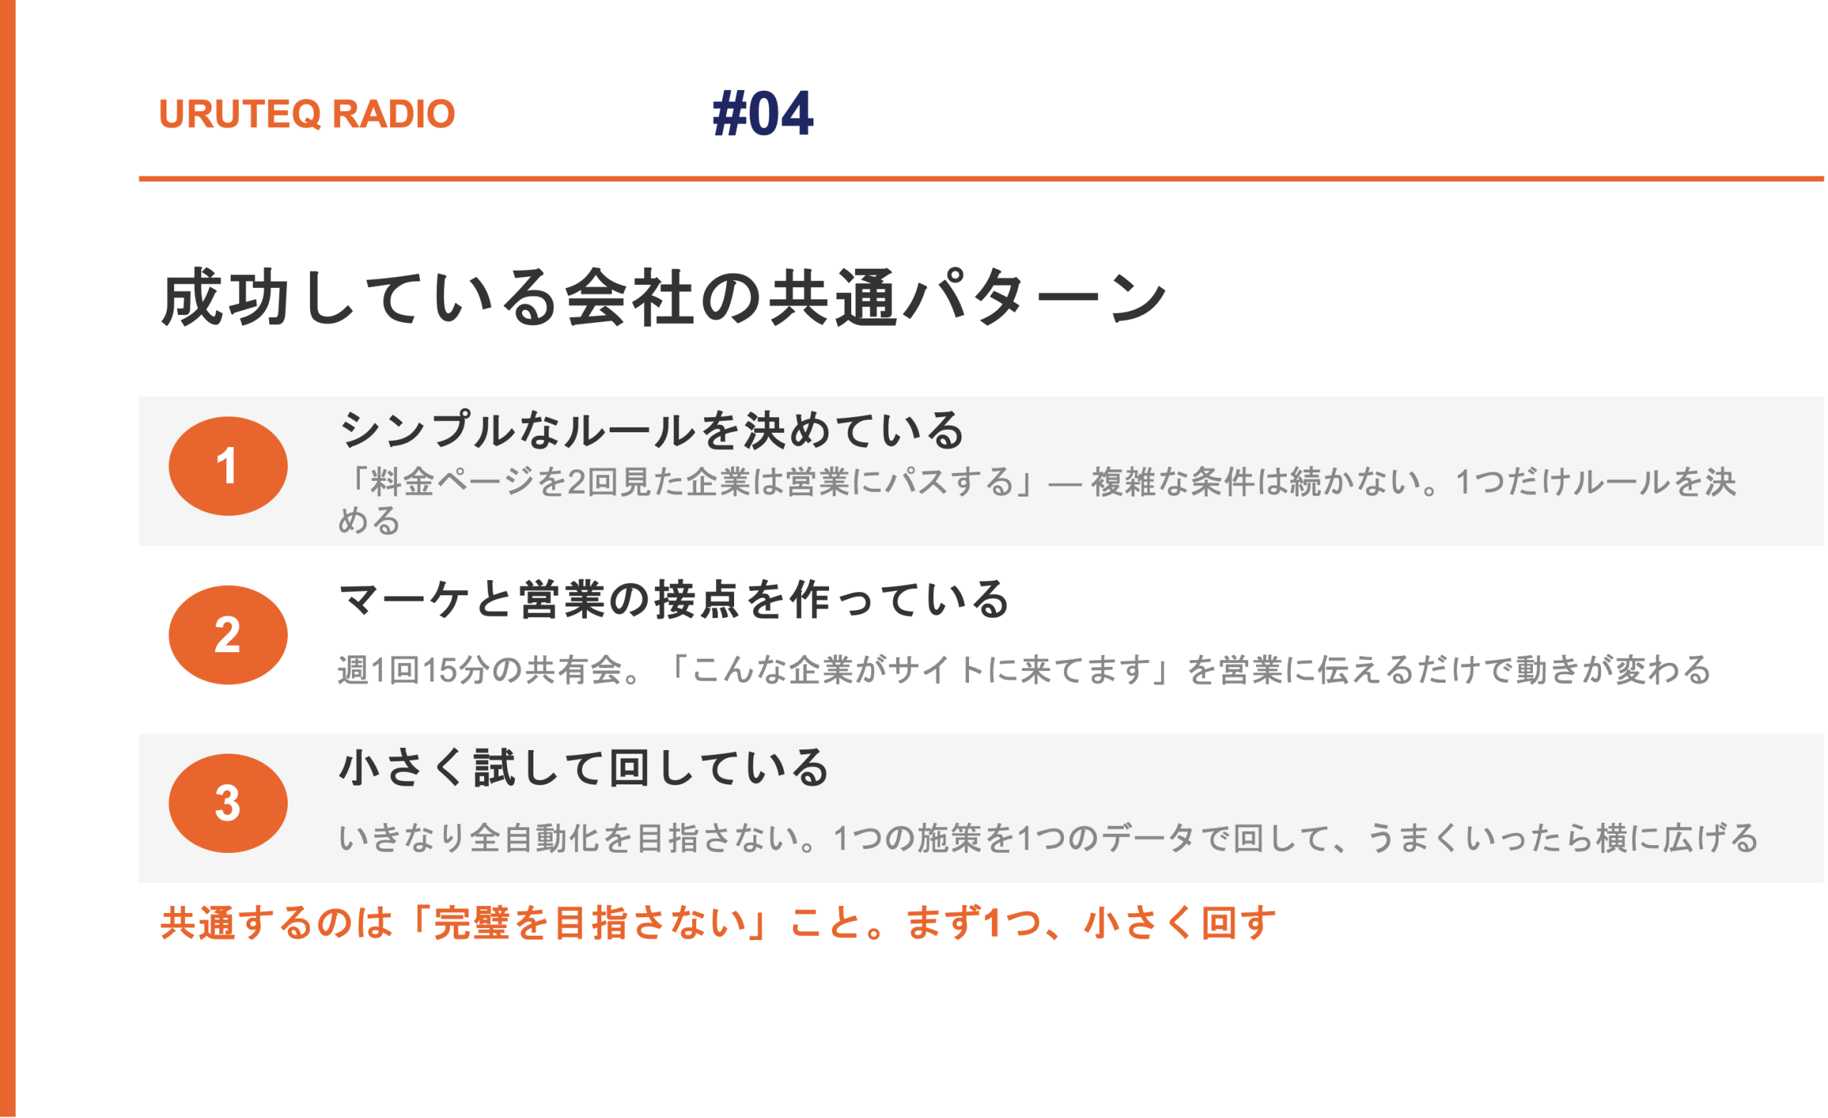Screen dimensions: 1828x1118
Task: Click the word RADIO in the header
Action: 393,114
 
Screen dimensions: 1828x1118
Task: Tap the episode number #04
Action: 763,114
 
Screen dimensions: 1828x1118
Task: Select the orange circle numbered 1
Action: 228,466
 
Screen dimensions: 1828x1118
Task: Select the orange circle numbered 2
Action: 228,634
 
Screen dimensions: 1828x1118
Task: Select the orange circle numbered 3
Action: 228,803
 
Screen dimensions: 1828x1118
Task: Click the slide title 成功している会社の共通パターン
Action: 664,298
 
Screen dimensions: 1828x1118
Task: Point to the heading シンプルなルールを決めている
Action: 651,430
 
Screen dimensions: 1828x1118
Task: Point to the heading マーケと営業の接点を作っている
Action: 673,599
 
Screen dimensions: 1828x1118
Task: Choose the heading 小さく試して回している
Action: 584,768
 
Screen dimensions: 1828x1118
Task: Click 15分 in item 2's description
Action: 456,669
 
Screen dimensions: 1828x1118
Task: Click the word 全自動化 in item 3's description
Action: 536,838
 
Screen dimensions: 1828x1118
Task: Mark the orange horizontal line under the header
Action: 981,179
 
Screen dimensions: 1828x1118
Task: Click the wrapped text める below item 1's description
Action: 369,519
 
